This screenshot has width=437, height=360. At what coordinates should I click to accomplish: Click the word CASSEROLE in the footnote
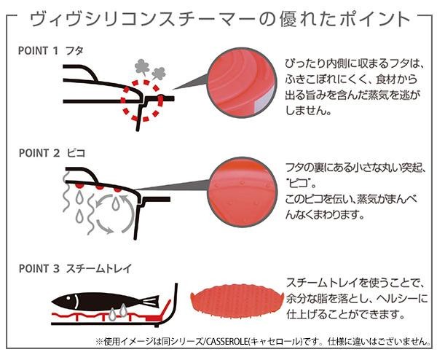231,341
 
